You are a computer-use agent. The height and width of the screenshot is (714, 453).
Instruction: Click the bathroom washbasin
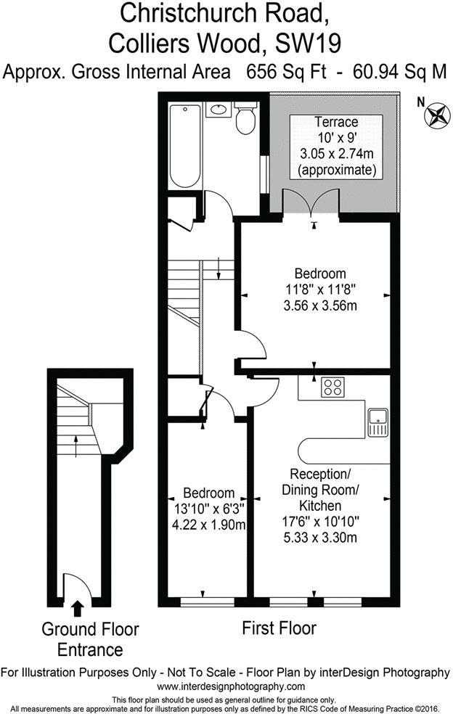point(218,110)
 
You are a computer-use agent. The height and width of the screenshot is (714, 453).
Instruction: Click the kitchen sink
point(379,423)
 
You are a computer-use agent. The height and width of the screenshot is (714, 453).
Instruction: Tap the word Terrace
point(335,121)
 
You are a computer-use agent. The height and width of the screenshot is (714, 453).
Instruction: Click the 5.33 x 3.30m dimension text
point(319,538)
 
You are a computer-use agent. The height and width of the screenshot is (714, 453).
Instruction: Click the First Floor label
point(279,627)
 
